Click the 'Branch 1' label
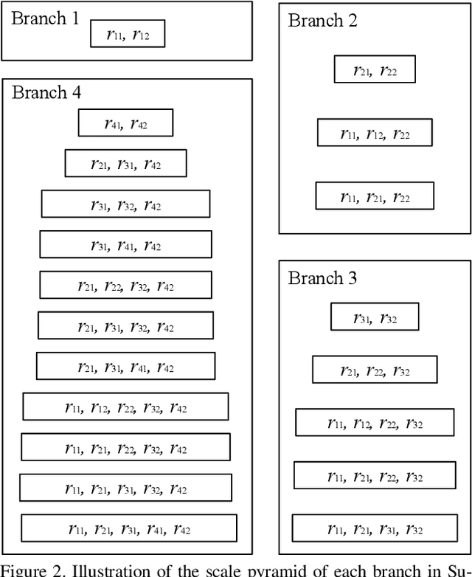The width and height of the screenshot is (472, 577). (x=44, y=18)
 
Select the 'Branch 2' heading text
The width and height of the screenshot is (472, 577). (x=322, y=21)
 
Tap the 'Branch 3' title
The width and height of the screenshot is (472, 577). (x=322, y=278)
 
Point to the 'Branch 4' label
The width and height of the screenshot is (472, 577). (x=46, y=93)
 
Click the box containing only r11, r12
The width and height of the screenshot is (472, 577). (x=127, y=34)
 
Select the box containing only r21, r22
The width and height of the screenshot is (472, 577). (x=374, y=70)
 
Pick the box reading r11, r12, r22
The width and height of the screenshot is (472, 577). (x=374, y=133)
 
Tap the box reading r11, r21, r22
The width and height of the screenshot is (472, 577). (x=374, y=196)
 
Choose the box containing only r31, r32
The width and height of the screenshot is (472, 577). (x=374, y=317)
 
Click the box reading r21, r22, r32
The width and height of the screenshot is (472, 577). (x=374, y=370)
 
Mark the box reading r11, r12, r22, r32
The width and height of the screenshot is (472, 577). (x=374, y=423)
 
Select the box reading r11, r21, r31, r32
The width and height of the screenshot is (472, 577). (x=374, y=529)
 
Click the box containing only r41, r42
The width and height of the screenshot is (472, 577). (x=125, y=123)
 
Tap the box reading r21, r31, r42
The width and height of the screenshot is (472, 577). (x=125, y=164)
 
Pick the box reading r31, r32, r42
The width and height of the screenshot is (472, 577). (x=125, y=204)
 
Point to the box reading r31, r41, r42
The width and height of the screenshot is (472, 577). (x=125, y=245)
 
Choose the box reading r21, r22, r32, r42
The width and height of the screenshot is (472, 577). (x=125, y=286)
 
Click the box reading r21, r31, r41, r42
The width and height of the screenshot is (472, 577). (x=125, y=367)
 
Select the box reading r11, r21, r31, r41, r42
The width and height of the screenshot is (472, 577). (x=128, y=528)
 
